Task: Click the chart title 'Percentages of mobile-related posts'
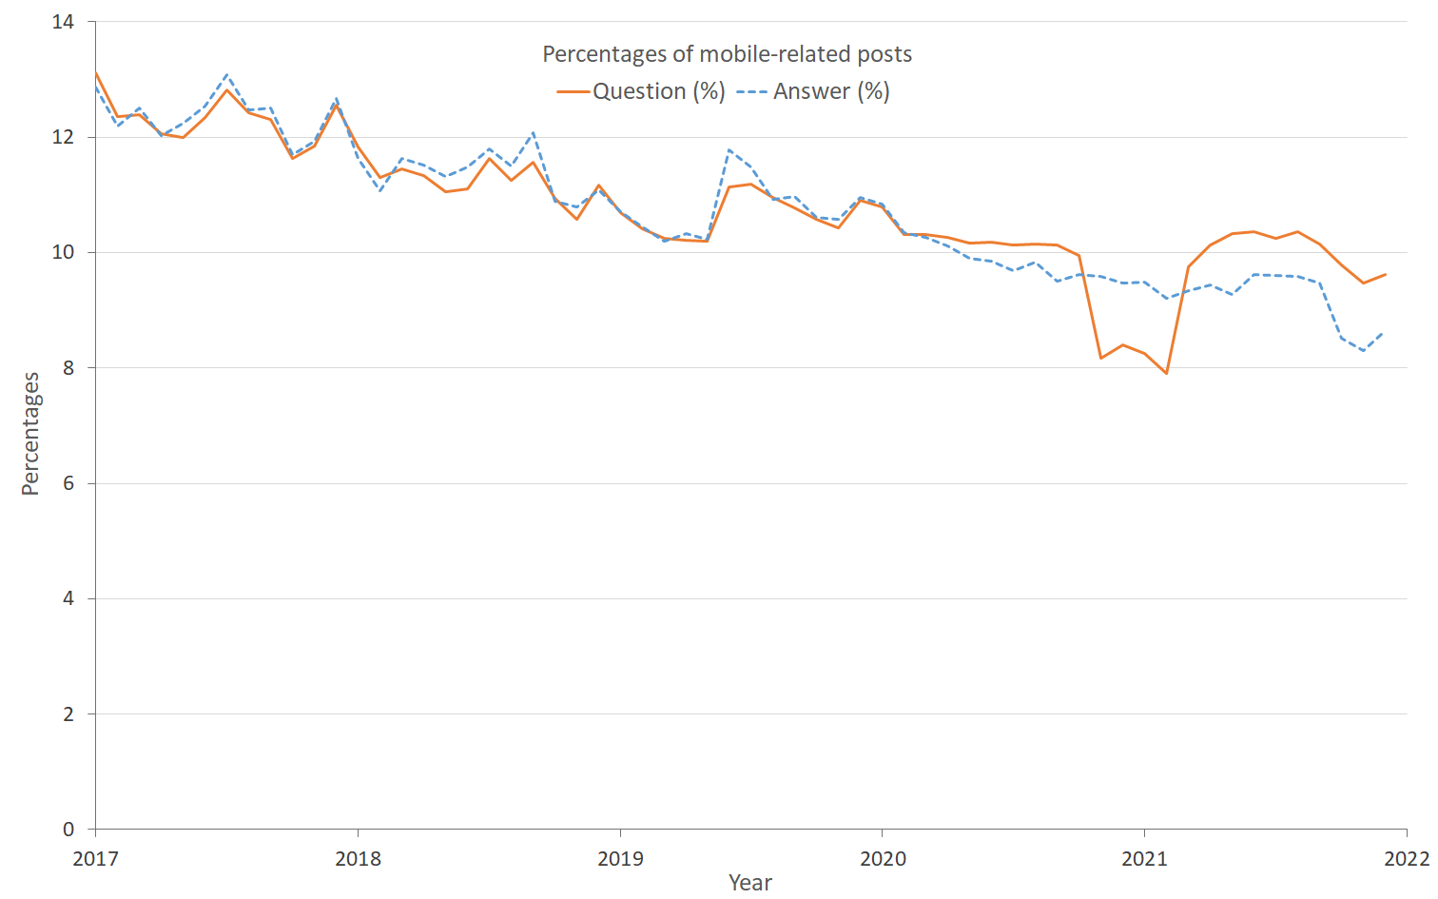(727, 54)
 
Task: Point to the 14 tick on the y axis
(63, 22)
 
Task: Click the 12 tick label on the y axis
(63, 137)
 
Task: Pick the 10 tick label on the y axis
(63, 252)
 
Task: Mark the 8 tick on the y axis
(68, 368)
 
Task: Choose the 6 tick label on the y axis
(68, 483)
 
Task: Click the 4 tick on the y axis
(68, 599)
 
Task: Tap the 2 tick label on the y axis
(68, 714)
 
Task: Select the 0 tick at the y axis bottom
(68, 830)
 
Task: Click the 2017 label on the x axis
(95, 859)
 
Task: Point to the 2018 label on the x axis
(358, 859)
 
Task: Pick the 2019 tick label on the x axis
(620, 859)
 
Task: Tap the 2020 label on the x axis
(883, 859)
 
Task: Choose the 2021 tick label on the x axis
(1144, 859)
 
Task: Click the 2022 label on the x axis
(1407, 859)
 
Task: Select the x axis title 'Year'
(750, 883)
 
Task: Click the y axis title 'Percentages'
(30, 434)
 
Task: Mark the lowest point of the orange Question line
(1166, 373)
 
